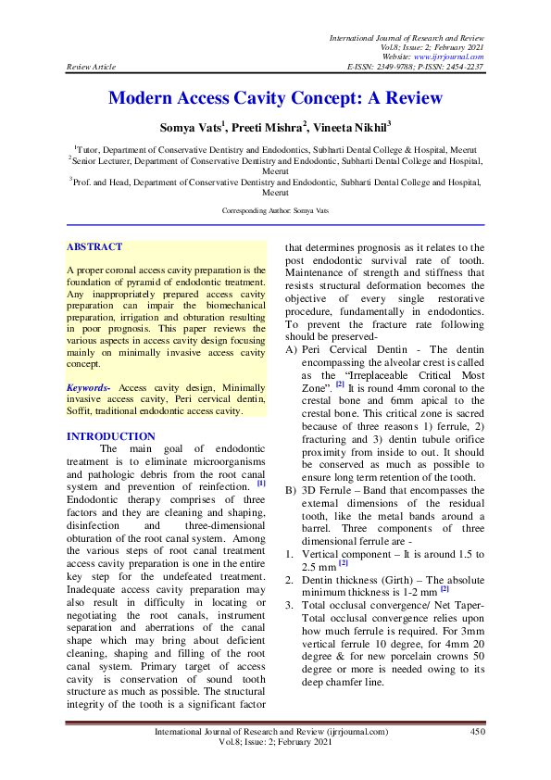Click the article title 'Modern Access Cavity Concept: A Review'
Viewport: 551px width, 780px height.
pyautogui.click(x=275, y=98)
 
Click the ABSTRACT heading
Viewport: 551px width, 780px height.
pyautogui.click(x=94, y=247)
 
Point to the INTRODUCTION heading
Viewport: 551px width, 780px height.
pyautogui.click(x=112, y=436)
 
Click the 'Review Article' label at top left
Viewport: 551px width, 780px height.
pyautogui.click(x=89, y=67)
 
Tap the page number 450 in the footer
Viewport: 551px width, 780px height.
pyautogui.click(x=477, y=732)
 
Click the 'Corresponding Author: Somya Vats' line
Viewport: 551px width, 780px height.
pyautogui.click(x=275, y=212)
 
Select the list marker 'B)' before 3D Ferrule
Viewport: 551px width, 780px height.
pyautogui.click(x=292, y=489)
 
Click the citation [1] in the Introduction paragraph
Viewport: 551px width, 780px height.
pyautogui.click(x=261, y=483)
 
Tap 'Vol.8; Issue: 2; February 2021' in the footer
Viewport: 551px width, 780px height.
pyautogui.click(x=276, y=743)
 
